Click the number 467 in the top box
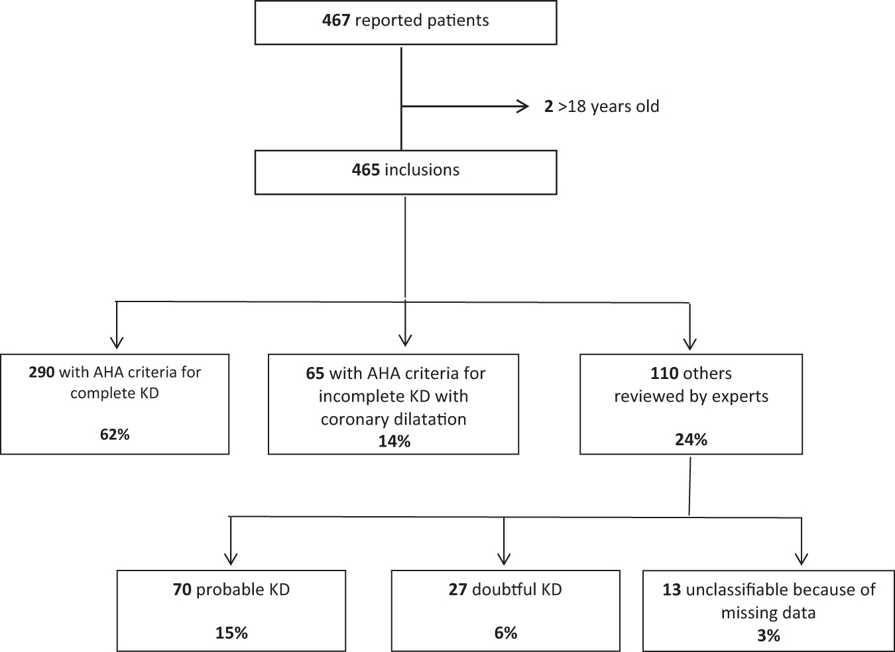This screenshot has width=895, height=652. pyautogui.click(x=336, y=21)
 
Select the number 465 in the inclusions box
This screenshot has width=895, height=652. pyautogui.click(x=365, y=170)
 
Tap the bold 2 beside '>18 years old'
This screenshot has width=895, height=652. pyautogui.click(x=548, y=107)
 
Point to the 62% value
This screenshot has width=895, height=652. pyautogui.click(x=115, y=435)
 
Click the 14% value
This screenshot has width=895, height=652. pyautogui.click(x=394, y=441)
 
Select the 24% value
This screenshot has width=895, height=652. pyautogui.click(x=691, y=439)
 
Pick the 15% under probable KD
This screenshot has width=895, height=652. pyautogui.click(x=231, y=633)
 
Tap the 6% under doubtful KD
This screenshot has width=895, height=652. pyautogui.click(x=505, y=633)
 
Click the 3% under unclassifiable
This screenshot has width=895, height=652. pyautogui.click(x=768, y=635)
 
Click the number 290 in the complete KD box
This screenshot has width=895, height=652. pyautogui.click(x=42, y=372)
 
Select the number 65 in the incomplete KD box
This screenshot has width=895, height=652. pyautogui.click(x=315, y=374)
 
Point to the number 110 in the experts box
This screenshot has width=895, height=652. pyautogui.click(x=664, y=374)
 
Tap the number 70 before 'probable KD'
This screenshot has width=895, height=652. pyautogui.click(x=182, y=590)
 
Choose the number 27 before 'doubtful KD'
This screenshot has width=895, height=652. pyautogui.click(x=457, y=590)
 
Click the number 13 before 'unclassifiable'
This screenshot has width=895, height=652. pyautogui.click(x=672, y=590)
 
